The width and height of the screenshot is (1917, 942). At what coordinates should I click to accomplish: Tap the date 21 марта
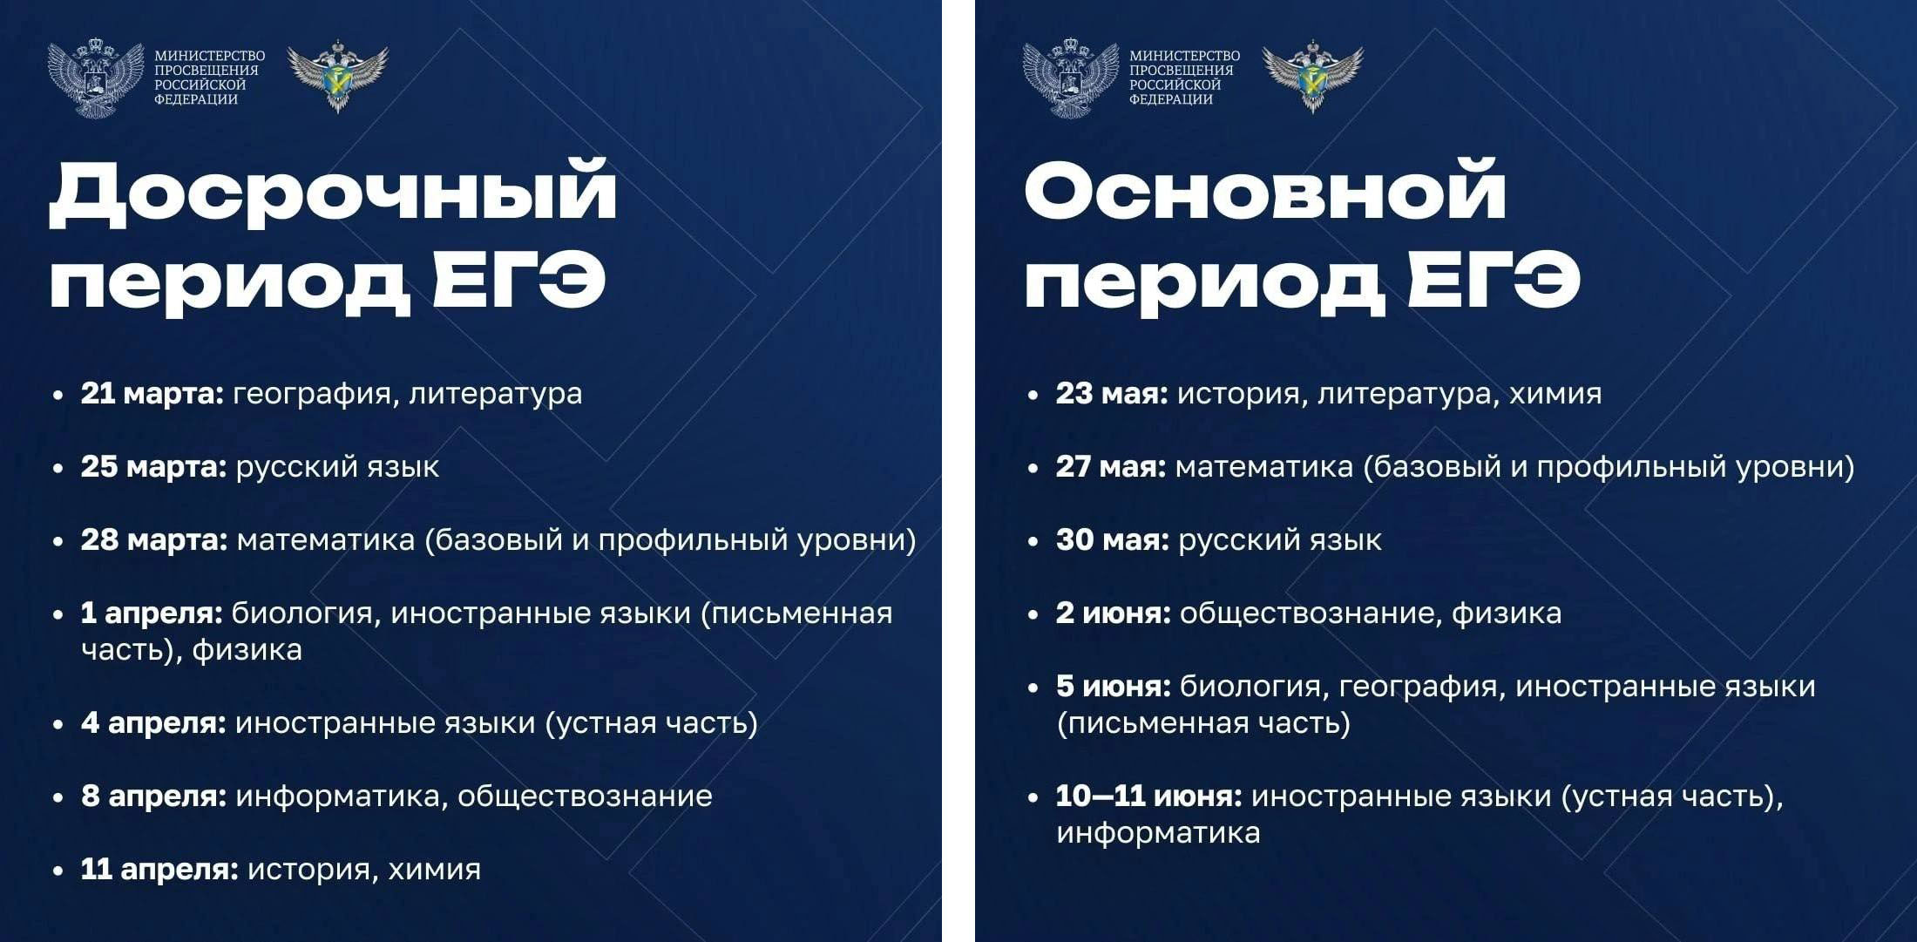click(152, 394)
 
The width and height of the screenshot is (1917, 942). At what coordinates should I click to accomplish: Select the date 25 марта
click(154, 467)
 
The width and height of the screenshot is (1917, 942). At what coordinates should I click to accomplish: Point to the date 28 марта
click(154, 540)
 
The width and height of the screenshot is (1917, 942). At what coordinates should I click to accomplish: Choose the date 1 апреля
click(152, 614)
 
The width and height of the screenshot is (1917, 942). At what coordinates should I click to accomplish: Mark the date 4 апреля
click(153, 723)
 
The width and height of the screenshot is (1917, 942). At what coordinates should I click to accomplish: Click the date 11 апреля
click(159, 870)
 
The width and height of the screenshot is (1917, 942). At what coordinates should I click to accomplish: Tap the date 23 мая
click(1112, 394)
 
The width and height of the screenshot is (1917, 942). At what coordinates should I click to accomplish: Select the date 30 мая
click(1113, 540)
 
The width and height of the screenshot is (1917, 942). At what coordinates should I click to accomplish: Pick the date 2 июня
click(1114, 613)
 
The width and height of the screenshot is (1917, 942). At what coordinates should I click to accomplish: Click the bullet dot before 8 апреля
click(58, 798)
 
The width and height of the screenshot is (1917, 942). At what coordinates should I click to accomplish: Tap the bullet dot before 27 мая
click(1033, 469)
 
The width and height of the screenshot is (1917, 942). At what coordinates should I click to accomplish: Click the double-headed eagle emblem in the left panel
click(96, 78)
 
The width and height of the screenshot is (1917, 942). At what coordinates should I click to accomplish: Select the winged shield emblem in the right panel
click(1312, 76)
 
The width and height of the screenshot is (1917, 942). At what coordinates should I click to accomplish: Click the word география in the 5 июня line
click(1418, 688)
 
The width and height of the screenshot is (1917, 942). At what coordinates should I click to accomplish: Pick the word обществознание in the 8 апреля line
click(585, 796)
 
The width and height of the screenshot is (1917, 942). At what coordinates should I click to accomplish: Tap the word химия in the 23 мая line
click(1555, 394)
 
